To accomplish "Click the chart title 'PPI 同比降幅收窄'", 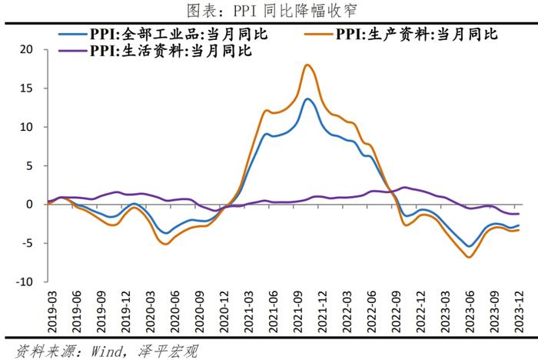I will point(269,10).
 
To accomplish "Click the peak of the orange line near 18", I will point(308,65).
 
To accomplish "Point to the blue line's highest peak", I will point(307,98).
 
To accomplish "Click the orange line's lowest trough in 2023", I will point(469,257).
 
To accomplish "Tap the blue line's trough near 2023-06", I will point(468,246).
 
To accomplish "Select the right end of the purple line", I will point(518,214).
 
